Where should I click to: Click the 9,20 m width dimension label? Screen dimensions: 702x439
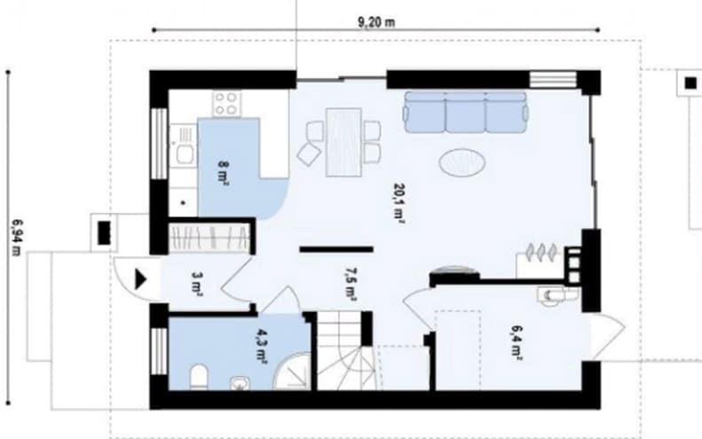point(376,22)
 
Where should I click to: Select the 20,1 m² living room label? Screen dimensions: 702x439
point(399,203)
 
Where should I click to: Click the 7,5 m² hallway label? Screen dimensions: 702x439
point(351,283)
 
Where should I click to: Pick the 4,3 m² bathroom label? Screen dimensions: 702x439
point(262,345)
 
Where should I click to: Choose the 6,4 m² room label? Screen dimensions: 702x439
point(517,342)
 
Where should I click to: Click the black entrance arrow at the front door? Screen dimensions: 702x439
point(140,279)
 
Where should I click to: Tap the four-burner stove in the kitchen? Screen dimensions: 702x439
point(226,104)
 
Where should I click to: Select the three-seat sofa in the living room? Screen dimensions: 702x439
point(465,112)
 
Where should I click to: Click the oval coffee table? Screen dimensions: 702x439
point(462,162)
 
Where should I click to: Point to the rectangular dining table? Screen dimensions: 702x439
point(343,142)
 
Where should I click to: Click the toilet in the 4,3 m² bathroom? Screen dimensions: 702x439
point(199,377)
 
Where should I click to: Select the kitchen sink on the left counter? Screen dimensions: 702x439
point(183,145)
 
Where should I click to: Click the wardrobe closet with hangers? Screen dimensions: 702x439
point(209,237)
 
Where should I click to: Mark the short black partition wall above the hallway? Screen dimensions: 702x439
point(336,249)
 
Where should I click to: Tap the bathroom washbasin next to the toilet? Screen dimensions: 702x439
point(241,383)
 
